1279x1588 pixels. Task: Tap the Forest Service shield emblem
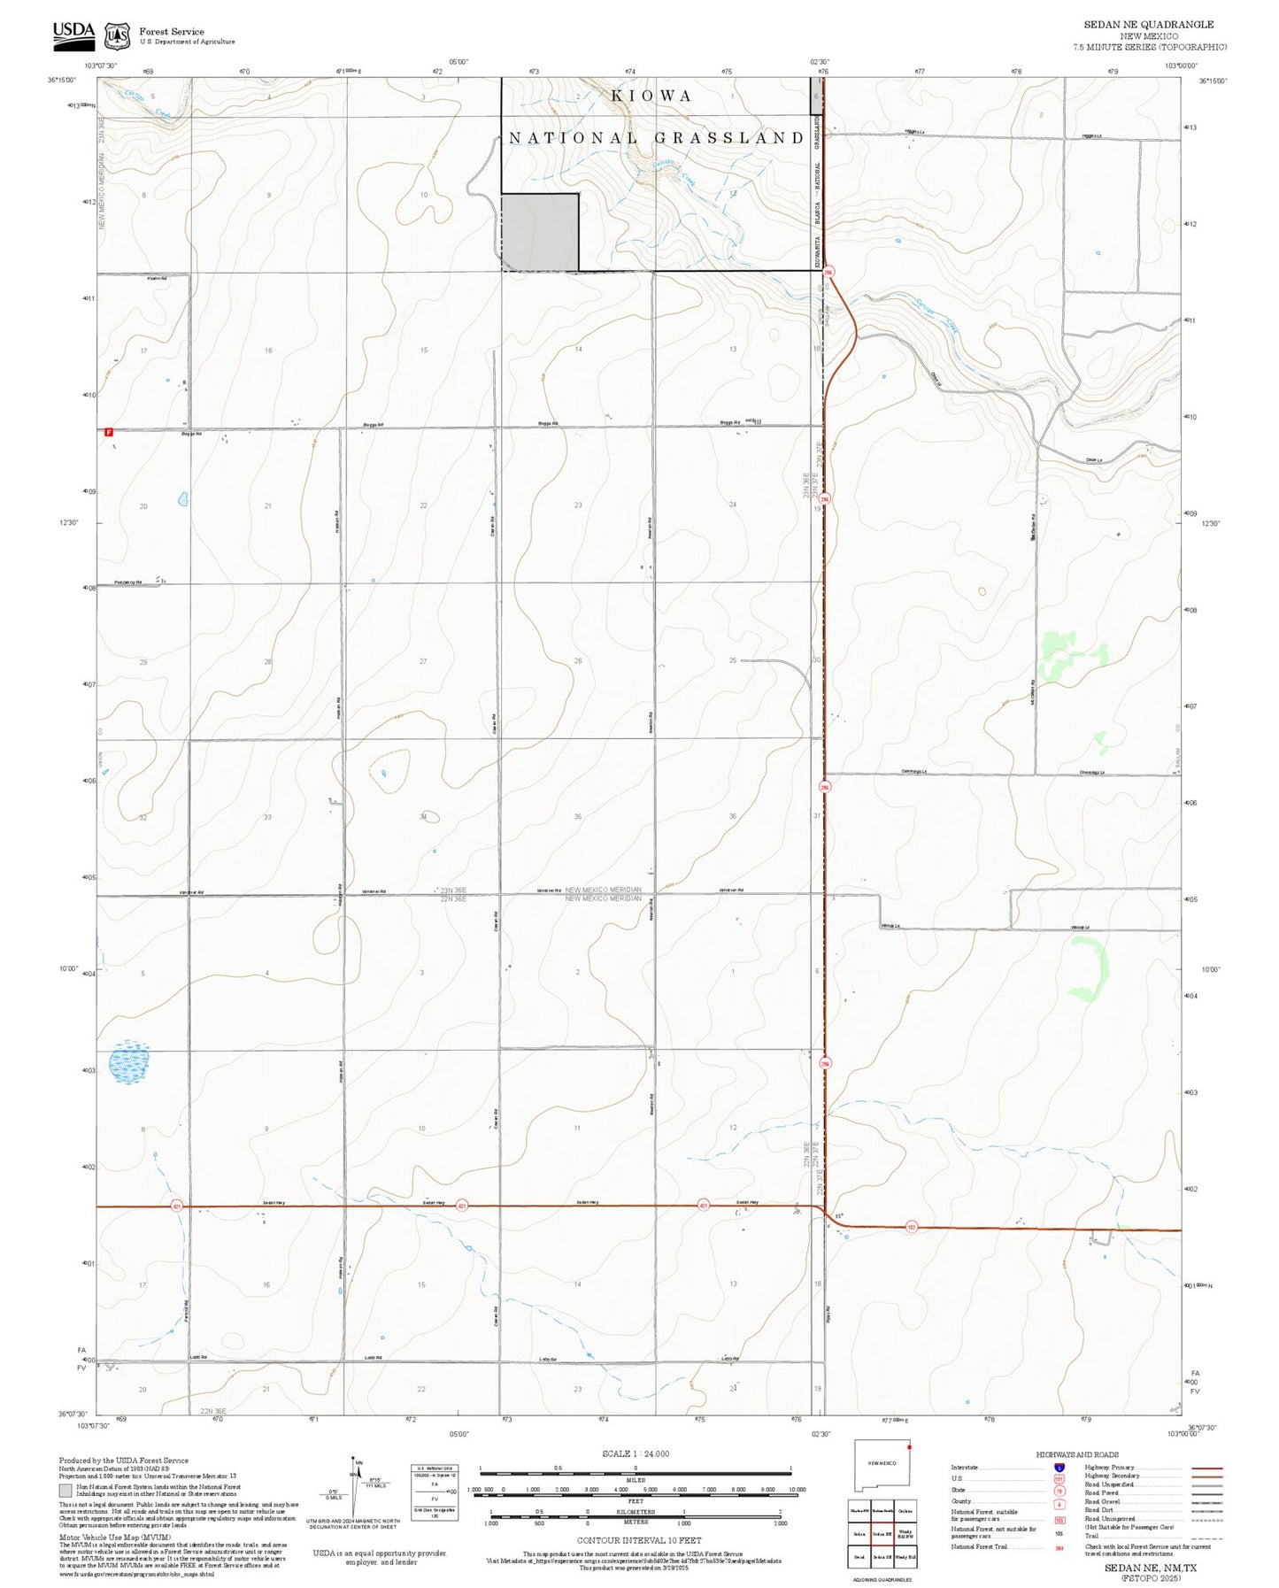click(x=117, y=35)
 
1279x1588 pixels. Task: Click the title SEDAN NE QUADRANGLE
click(x=1149, y=25)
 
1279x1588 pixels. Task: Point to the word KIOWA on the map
click(x=651, y=96)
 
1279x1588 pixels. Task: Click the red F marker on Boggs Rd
click(x=108, y=432)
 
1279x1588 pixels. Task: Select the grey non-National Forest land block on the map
click(x=540, y=232)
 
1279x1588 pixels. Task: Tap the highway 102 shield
click(x=911, y=1227)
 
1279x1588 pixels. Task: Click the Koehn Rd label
click(x=157, y=278)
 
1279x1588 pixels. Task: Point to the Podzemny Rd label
click(x=128, y=582)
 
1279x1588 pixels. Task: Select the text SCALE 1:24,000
click(x=635, y=1453)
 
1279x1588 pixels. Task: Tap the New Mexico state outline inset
click(x=882, y=1470)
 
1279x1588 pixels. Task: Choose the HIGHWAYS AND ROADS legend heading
click(x=1076, y=1453)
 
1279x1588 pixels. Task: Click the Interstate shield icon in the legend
click(x=1059, y=1467)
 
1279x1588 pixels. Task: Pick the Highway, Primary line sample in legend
click(x=1207, y=1468)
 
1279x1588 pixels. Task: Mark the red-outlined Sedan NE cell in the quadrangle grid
click(x=881, y=1533)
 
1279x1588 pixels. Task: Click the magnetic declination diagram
click(x=354, y=1488)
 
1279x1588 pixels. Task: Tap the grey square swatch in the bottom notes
click(x=65, y=1491)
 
